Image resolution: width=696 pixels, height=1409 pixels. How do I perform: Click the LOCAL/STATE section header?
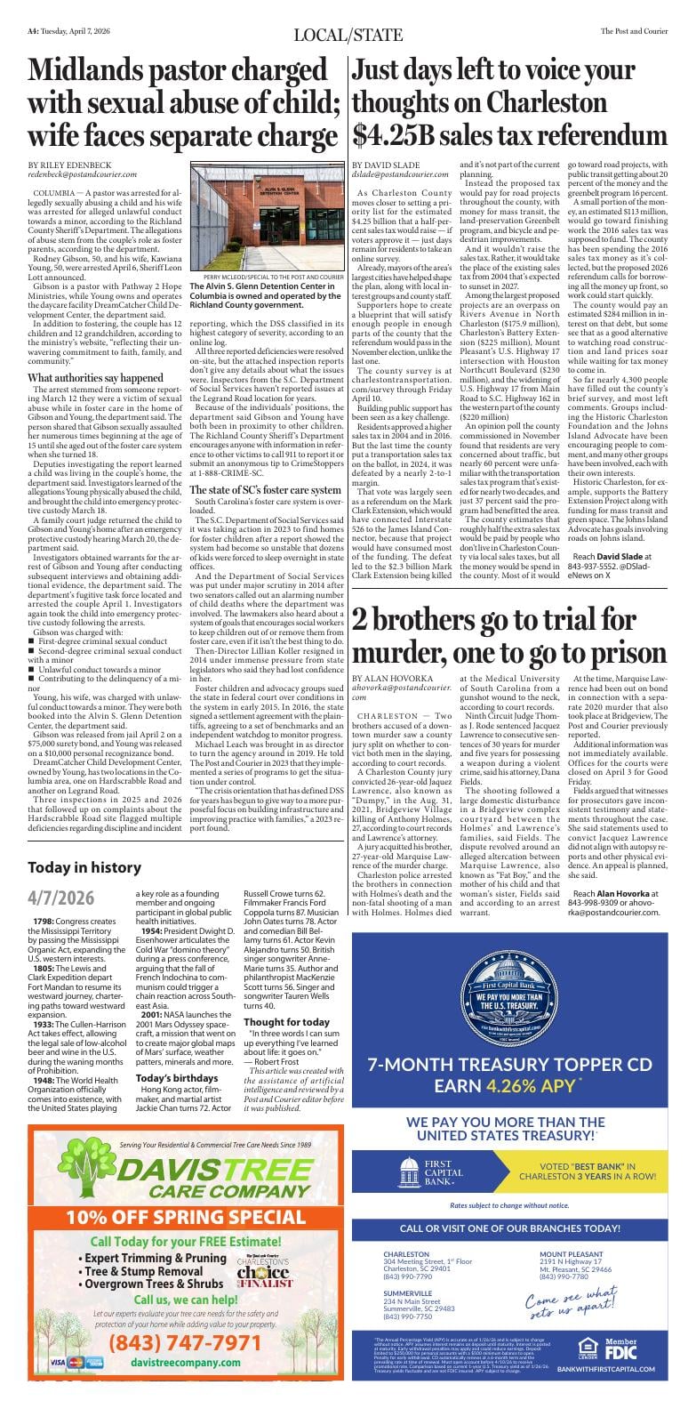pos(348,35)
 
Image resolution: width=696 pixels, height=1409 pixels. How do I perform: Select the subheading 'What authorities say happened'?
pos(95,378)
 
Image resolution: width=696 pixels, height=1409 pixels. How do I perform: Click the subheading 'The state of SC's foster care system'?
pos(265,490)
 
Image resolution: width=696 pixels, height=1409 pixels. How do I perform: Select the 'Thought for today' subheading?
pos(286,1022)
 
